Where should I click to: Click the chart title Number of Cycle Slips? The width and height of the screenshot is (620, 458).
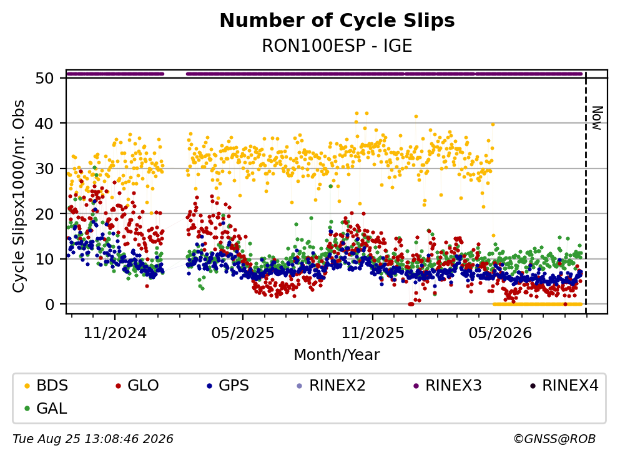[x=337, y=21]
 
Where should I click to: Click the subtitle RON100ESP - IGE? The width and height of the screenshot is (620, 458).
[x=337, y=46]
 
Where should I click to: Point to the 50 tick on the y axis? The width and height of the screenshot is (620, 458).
[x=44, y=78]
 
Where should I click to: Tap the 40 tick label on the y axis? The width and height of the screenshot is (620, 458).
[x=44, y=124]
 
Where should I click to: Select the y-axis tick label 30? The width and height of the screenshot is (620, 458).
[x=44, y=168]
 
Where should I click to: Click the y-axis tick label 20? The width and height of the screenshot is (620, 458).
[x=44, y=214]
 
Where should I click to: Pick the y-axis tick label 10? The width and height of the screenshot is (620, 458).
[x=44, y=259]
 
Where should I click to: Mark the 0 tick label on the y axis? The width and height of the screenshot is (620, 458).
[x=49, y=305]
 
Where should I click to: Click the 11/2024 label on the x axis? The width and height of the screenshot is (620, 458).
[x=115, y=333]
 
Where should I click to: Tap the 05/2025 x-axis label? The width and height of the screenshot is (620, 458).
[x=243, y=333]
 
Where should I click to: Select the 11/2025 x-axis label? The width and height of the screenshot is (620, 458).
[x=373, y=333]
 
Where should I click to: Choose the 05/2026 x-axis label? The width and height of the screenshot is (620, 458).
[x=500, y=333]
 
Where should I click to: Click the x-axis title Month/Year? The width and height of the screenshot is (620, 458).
[x=337, y=355]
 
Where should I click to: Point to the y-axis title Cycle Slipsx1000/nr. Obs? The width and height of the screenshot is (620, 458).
[x=18, y=197]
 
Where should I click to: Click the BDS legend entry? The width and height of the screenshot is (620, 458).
[x=46, y=385]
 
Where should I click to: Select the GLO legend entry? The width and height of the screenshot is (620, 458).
[x=137, y=385]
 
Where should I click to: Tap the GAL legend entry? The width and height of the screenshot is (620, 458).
[x=46, y=408]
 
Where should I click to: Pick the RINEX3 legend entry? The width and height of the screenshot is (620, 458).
[x=447, y=385]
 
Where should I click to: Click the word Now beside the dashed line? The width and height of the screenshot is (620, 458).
[x=597, y=118]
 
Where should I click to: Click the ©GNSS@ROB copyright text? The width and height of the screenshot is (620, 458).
[x=554, y=439]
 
